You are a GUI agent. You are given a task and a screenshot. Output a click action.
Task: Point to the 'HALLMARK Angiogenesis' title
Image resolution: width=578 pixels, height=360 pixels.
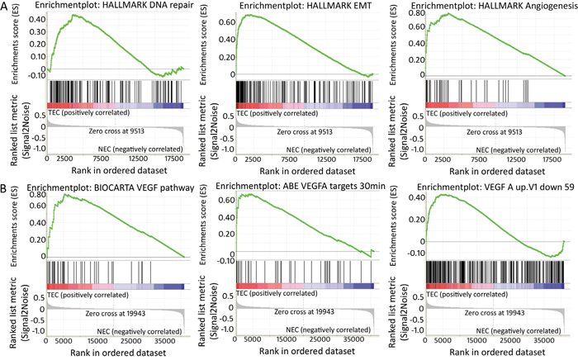[486, 7]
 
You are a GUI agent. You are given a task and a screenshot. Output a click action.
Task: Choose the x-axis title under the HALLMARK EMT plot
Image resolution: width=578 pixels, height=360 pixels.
[305, 171]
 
